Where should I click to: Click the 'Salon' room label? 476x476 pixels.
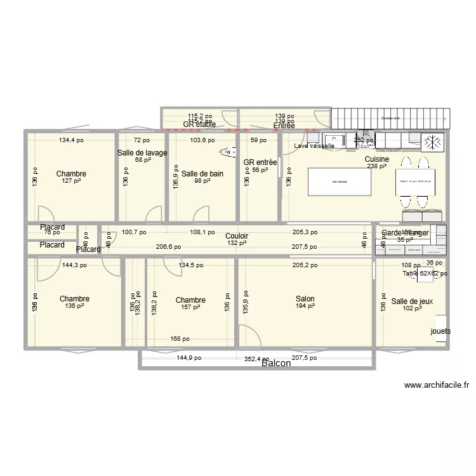click(305, 299)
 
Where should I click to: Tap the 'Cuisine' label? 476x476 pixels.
click(377, 159)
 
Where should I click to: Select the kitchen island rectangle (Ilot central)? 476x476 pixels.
click(340, 182)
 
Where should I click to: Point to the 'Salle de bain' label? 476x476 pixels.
click(202, 173)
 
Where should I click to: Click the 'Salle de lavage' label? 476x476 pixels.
click(142, 153)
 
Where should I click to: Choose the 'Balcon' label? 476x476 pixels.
click(276, 363)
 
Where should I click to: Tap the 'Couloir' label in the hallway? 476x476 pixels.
click(236, 235)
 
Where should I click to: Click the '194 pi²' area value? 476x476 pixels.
click(305, 307)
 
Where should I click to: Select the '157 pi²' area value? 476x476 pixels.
click(190, 307)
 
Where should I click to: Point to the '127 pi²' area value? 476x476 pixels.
click(71, 181)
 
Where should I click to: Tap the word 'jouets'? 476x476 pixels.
click(441, 331)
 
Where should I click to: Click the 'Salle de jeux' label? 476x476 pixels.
click(412, 301)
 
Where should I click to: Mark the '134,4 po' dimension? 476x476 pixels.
click(71, 140)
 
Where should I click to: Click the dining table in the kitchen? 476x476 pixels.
click(415, 182)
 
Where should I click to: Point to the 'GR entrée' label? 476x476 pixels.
click(260, 162)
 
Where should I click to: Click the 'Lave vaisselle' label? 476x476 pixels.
click(314, 146)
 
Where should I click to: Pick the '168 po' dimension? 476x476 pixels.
click(180, 338)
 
